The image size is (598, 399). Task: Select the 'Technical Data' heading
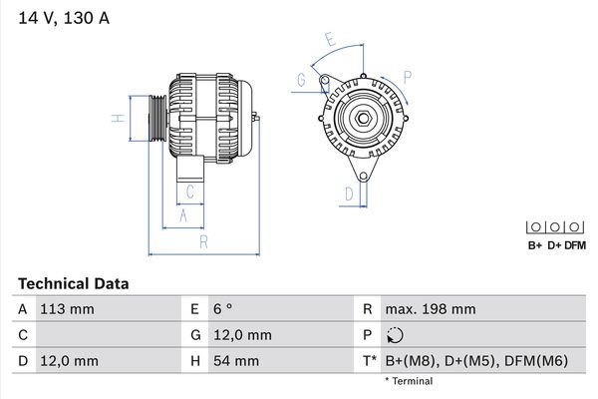tap(73, 284)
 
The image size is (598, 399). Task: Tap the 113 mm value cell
tap(68, 309)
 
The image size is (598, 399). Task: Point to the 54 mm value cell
tap(235, 361)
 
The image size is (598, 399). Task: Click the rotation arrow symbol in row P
tap(396, 335)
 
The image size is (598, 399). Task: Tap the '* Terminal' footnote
tap(409, 381)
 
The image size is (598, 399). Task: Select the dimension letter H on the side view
tap(117, 119)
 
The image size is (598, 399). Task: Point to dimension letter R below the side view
tap(202, 240)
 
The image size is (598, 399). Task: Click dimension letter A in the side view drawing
tap(182, 214)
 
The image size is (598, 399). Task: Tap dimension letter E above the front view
tap(331, 40)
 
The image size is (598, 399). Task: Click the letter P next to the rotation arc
tap(408, 76)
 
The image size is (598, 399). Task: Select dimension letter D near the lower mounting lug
tap(349, 194)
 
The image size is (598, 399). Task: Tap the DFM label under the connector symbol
tap(575, 245)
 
